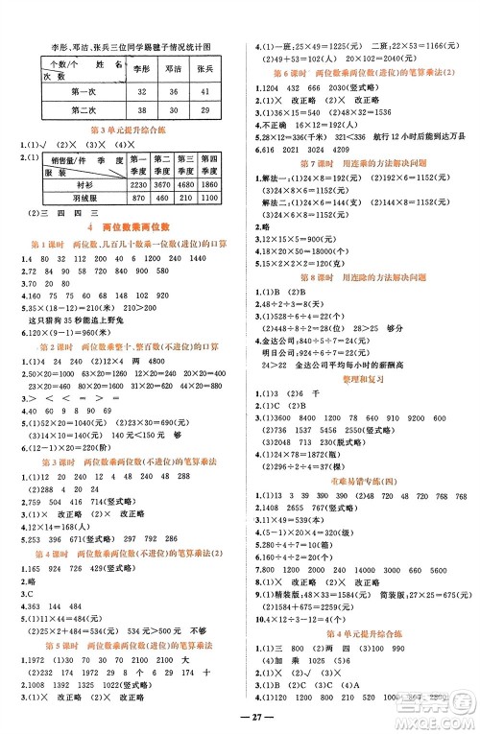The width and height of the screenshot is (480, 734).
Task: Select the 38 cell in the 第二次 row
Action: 142,110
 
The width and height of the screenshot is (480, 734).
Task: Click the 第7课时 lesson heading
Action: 359,165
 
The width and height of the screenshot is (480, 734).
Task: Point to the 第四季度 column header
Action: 212,164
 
